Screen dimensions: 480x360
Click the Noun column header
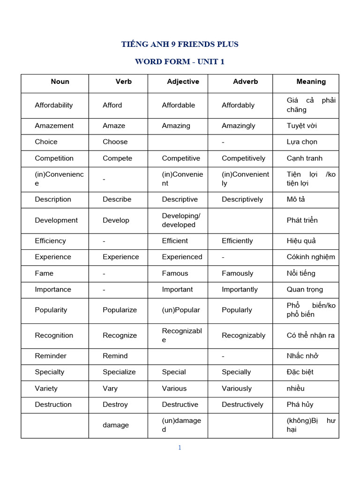click(60, 82)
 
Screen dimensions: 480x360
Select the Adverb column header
click(245, 82)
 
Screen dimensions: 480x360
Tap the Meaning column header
click(311, 82)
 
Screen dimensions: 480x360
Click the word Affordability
click(54, 105)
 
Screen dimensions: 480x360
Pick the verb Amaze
click(114, 126)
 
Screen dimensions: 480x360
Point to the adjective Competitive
click(181, 158)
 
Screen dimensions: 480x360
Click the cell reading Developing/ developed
click(181, 220)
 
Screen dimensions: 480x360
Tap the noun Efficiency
click(50, 240)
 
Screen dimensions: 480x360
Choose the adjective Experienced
click(182, 257)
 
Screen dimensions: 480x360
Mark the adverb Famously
click(237, 273)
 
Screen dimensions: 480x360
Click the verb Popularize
click(120, 310)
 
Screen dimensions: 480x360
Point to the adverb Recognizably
click(243, 335)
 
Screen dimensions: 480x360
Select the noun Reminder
click(51, 356)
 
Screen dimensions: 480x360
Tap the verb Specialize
click(119, 372)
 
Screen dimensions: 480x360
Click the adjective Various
click(174, 388)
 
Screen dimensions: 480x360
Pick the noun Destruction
click(53, 405)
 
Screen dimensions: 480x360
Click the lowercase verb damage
click(116, 425)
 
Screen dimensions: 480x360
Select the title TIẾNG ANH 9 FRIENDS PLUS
click(180, 44)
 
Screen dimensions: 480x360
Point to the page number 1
click(180, 448)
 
